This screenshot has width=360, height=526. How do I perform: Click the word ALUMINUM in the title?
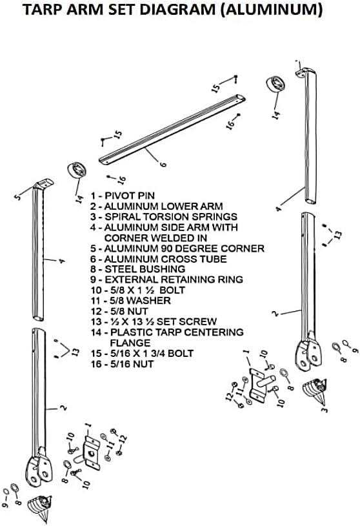(x=273, y=9)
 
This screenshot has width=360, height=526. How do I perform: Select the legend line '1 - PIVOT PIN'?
(x=123, y=196)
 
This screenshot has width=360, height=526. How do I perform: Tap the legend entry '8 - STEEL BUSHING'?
(x=138, y=269)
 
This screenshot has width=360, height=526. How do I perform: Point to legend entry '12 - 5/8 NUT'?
(x=119, y=311)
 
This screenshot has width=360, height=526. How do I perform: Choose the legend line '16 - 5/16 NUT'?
(x=123, y=364)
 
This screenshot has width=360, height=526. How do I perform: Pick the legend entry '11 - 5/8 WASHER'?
(x=131, y=301)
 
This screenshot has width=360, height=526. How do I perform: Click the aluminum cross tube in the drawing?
(x=172, y=130)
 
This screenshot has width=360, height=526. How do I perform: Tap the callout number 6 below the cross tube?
(x=163, y=164)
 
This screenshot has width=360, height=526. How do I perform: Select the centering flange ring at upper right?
(x=275, y=84)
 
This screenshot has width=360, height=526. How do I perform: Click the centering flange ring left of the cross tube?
(x=77, y=170)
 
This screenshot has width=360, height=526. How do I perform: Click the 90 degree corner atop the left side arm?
(x=44, y=184)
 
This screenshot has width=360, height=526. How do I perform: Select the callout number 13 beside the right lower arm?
(x=338, y=234)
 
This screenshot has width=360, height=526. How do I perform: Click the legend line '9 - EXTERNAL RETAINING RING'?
(x=167, y=279)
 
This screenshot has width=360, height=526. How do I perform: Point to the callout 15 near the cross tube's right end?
(x=216, y=87)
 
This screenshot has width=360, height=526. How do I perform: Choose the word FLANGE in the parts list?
(x=130, y=343)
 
